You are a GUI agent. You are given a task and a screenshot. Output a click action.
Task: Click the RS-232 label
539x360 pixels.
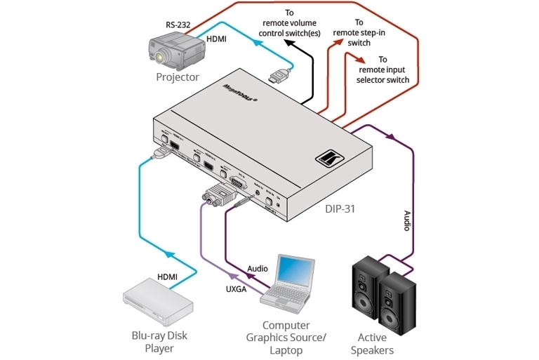tap(178, 25)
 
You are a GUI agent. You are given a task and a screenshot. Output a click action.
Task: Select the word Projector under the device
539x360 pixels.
tap(178, 77)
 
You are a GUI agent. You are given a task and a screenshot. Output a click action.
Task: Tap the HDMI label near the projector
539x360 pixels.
tap(216, 39)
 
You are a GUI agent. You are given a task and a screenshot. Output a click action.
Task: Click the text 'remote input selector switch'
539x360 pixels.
tap(382, 74)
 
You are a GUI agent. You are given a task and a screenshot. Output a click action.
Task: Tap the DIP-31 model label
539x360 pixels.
tap(342, 208)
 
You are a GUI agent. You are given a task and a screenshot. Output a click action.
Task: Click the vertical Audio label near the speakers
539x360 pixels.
tap(406, 220)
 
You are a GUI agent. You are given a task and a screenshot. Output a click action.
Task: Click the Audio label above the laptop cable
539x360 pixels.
tap(258, 269)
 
